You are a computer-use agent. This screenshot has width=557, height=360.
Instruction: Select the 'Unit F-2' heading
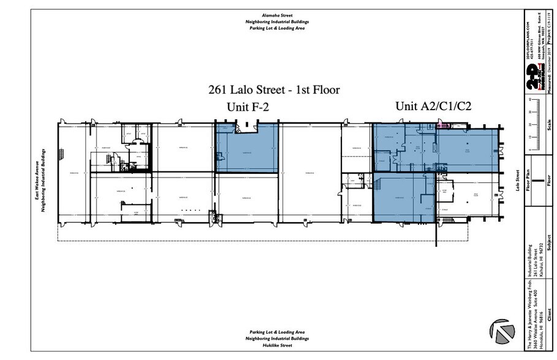[x=248, y=108]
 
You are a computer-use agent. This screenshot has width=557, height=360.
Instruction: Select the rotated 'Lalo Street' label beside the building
[x=518, y=181]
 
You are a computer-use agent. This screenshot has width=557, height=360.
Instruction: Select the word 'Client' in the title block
[x=550, y=318]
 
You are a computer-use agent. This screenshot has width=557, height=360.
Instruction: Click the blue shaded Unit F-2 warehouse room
[x=246, y=148]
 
